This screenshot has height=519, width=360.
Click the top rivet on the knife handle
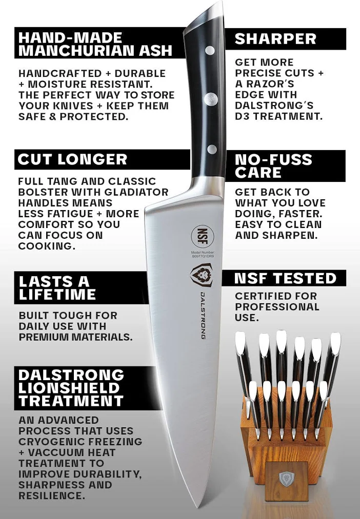[210, 51]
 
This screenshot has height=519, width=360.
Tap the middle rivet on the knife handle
[211, 99]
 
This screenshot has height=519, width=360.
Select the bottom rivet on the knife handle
[212, 149]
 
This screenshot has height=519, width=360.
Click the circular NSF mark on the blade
[203, 236]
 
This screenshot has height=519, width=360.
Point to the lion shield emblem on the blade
[202, 275]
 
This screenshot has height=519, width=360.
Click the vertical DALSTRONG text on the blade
[203, 316]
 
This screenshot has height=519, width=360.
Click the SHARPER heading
[275, 39]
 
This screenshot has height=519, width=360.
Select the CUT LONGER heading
[72, 159]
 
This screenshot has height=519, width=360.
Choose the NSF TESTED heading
[286, 278]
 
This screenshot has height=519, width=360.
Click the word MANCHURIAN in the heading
[77, 50]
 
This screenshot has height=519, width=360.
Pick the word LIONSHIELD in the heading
[69, 388]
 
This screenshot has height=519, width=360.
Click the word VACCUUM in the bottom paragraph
[71, 452]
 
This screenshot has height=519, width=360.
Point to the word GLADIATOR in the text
[136, 192]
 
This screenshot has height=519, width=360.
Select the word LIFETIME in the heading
[57, 294]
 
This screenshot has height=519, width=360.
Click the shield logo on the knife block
[286, 479]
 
